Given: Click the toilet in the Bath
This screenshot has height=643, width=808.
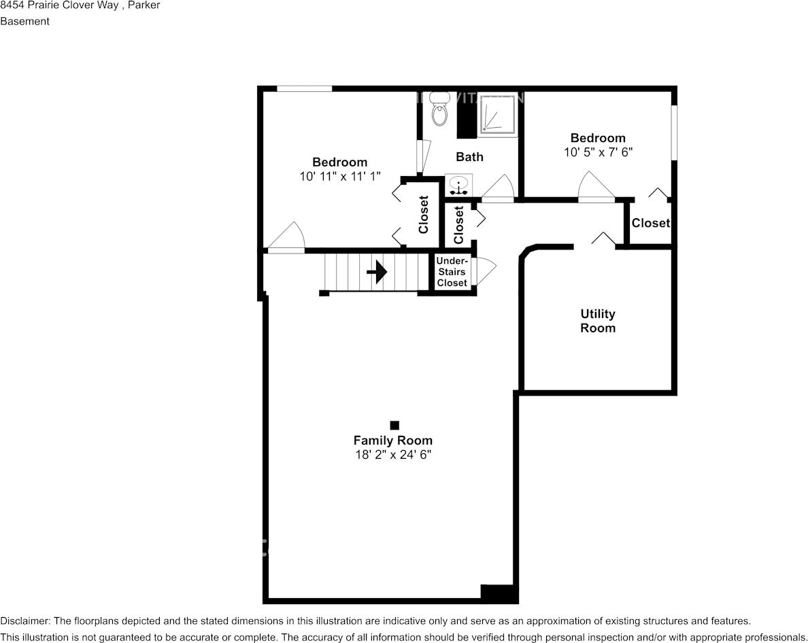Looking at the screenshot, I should [x=441, y=113].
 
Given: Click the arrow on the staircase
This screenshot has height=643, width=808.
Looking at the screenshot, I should [x=377, y=273].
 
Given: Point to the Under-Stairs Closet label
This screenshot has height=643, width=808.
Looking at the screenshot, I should [x=452, y=272].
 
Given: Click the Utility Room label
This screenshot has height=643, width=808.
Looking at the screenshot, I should [x=598, y=321].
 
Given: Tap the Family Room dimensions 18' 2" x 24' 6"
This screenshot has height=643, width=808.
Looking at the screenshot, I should [x=392, y=455].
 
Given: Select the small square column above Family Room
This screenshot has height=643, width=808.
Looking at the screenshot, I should [x=394, y=425].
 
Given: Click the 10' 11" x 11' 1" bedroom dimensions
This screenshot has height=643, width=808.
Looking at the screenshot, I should [x=339, y=175].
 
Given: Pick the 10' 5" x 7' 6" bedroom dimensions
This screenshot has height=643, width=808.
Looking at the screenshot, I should [x=598, y=152].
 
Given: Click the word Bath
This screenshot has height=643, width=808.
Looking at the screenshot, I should [x=469, y=157].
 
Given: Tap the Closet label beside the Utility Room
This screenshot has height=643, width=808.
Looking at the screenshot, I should [x=650, y=223].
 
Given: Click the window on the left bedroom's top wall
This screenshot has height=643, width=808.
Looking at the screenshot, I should [x=304, y=88].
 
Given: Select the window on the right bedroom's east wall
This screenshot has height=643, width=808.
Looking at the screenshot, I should [x=674, y=133].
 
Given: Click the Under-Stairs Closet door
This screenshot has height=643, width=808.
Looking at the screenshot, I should [x=486, y=272].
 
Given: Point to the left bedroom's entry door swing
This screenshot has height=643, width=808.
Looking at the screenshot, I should [x=287, y=238].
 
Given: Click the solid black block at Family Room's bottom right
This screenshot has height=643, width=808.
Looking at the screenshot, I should [x=499, y=593].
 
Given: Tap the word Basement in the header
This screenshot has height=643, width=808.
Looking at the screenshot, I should [x=25, y=21].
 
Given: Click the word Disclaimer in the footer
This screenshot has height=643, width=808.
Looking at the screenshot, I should [x=24, y=621].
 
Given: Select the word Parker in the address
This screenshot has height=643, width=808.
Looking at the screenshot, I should [x=145, y=5].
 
